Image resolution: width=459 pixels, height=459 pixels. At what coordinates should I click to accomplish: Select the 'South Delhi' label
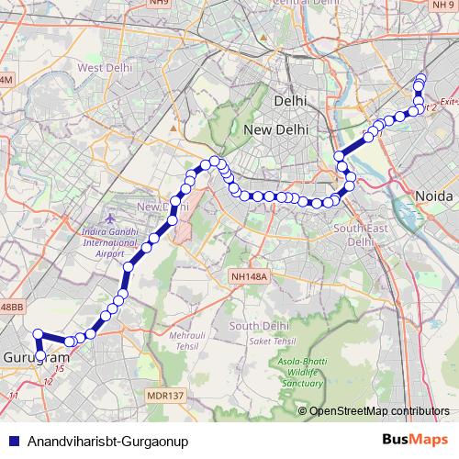point(260,326)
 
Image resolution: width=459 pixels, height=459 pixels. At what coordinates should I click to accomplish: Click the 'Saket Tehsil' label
point(273,341)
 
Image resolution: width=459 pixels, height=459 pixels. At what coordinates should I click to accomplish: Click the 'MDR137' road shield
point(165,396)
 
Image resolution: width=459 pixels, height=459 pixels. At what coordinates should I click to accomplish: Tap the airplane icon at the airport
point(112,221)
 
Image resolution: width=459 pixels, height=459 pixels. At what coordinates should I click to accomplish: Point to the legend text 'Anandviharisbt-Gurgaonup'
point(107,441)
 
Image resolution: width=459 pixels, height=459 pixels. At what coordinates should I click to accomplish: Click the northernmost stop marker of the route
point(421,78)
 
